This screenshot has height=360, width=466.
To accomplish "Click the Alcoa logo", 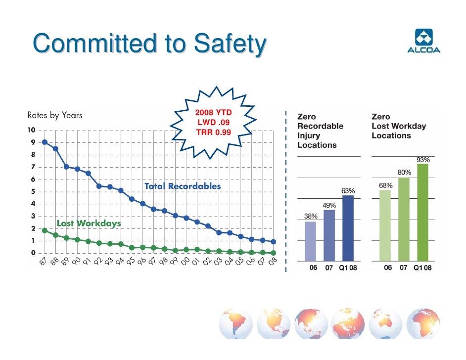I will click(x=423, y=41).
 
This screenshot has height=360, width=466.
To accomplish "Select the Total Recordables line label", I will click(x=182, y=186).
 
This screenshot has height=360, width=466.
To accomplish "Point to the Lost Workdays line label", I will click(x=89, y=224).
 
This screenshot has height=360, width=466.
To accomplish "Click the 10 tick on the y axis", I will click(x=31, y=130).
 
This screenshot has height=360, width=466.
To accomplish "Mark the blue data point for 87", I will click(x=45, y=142).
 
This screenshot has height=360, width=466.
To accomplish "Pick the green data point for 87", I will click(x=45, y=230).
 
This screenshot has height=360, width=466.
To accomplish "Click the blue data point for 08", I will click(x=273, y=242).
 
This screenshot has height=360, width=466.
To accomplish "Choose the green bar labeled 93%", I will click(x=422, y=212).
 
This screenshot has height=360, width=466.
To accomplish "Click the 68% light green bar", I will click(x=385, y=225).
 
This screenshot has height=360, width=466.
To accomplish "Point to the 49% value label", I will click(x=329, y=205).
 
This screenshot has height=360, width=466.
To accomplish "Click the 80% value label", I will click(x=404, y=173).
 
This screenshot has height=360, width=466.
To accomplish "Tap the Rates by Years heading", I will click(x=54, y=116).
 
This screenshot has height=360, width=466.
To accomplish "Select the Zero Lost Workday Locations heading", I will click(x=398, y=126).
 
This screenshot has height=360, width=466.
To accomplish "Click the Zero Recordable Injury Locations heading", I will click(x=320, y=131).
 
